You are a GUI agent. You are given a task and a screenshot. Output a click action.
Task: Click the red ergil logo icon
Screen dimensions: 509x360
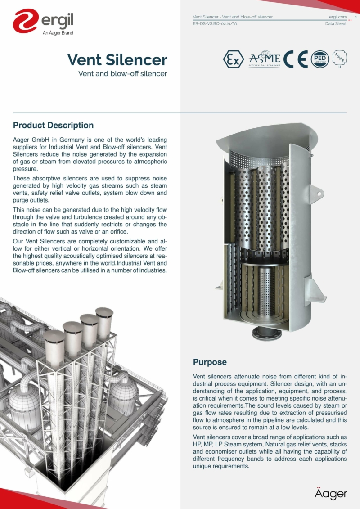(25, 22)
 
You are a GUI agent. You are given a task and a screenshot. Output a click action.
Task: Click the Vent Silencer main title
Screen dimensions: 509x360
(117, 59)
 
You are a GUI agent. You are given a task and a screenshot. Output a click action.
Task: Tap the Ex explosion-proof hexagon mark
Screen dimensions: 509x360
(232, 59)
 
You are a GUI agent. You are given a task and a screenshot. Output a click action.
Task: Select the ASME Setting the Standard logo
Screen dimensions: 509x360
(265, 59)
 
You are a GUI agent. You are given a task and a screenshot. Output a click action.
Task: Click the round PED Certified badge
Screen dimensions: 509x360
(320, 59)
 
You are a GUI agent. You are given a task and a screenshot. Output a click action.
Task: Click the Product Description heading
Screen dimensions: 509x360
(53, 126)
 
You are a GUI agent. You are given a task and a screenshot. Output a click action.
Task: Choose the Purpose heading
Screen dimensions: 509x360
(210, 362)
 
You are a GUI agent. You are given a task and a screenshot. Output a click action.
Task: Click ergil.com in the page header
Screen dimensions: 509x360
(338, 17)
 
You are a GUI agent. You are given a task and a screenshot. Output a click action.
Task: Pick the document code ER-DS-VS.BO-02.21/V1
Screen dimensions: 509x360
(215, 23)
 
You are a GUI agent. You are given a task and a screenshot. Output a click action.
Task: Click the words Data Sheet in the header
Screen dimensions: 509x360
(336, 23)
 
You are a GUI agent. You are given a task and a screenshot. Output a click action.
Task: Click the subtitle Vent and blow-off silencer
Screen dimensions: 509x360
(122, 73)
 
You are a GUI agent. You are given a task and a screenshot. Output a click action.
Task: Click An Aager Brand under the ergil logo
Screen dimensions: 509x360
(58, 33)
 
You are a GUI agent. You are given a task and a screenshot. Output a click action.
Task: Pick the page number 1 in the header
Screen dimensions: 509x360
(355, 17)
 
